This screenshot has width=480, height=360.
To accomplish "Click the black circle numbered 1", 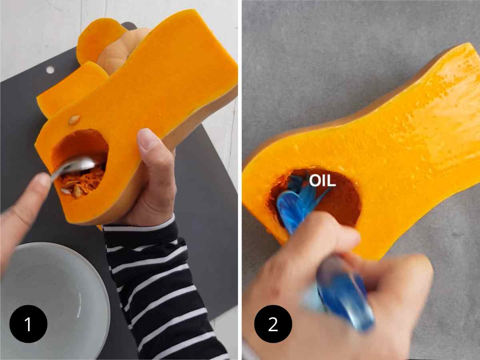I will click(28, 324).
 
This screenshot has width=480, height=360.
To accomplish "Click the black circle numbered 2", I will click(273, 324).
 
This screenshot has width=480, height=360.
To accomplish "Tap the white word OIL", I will click(322, 181).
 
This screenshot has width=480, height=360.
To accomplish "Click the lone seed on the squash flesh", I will click(74, 120).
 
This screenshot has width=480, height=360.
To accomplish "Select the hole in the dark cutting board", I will click(50, 70).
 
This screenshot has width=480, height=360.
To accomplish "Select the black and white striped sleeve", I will click(160, 288).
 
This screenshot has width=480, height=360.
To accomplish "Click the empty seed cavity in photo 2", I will click(336, 200).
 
